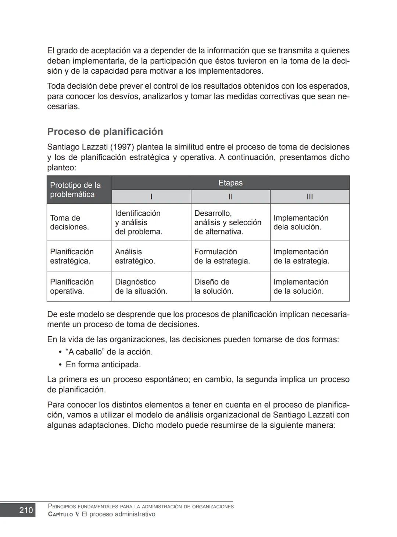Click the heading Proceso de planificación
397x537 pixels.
point(105,132)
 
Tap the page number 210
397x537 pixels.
point(26,510)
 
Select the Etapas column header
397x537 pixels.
point(230,183)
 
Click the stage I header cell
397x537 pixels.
point(151,197)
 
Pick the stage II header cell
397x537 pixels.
point(230,197)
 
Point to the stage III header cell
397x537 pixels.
point(310,197)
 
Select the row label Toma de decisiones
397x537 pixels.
point(69,222)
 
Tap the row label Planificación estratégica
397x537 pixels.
point(72,256)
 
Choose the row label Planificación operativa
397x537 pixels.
point(72,286)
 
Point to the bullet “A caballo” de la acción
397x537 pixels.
point(109,352)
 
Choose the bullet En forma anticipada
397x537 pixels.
point(103,365)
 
